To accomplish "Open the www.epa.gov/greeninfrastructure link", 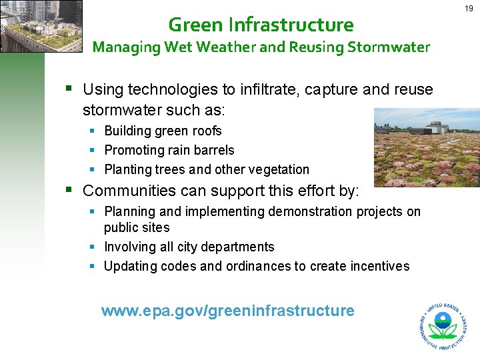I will pyautogui.click(x=227, y=311).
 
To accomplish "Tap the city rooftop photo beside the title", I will pyautogui.click(x=41, y=26).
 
